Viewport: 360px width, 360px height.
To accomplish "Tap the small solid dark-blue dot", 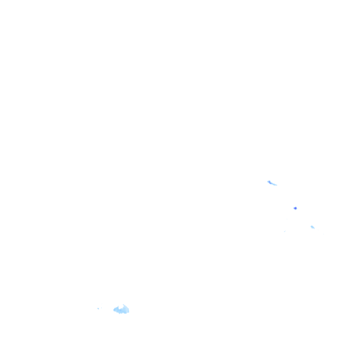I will pyautogui.click(x=295, y=208).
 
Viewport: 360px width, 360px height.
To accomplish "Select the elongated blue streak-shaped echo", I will pyautogui.click(x=272, y=183).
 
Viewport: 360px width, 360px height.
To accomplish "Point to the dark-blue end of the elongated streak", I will pyautogui.click(x=269, y=182).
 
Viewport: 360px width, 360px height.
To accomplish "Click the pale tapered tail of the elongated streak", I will pyautogui.click(x=276, y=185).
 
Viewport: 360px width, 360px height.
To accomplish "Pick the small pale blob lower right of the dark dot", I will pyautogui.click(x=313, y=227).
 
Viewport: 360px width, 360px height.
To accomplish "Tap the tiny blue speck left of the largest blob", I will pyautogui.click(x=98, y=308).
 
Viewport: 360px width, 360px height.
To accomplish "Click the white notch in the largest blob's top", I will pyautogui.click(x=120, y=307).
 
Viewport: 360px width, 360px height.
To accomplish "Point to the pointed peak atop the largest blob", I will pyautogui.click(x=123, y=305).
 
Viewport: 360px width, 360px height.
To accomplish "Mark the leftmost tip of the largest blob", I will pyautogui.click(x=114, y=310).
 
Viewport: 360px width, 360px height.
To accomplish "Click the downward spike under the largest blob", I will pyautogui.click(x=119, y=314).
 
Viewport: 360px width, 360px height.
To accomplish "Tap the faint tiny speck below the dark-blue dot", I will pyautogui.click(x=285, y=231).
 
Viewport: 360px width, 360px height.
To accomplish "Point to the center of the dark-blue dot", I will pyautogui.click(x=295, y=208).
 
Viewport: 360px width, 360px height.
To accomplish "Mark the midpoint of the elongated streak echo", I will pyautogui.click(x=272, y=183).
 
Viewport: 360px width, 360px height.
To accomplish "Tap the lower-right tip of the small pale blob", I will pyautogui.click(x=314, y=228).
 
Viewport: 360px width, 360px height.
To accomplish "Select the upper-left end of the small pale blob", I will pyautogui.click(x=311, y=226).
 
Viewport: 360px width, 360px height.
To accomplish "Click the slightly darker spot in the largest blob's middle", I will pyautogui.click(x=120, y=310).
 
